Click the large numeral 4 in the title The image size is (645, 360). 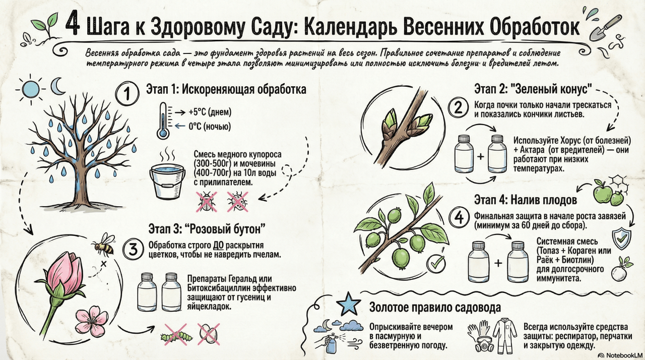(x=72, y=26)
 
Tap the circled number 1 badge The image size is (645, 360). (x=127, y=94)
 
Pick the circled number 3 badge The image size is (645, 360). (x=133, y=250)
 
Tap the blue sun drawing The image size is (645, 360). (x=31, y=89)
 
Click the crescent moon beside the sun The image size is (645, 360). (x=58, y=86)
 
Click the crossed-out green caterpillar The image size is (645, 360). (x=175, y=334)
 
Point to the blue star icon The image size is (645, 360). (x=348, y=304)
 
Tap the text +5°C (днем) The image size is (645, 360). (x=210, y=112)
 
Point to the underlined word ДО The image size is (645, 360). (x=218, y=246)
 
